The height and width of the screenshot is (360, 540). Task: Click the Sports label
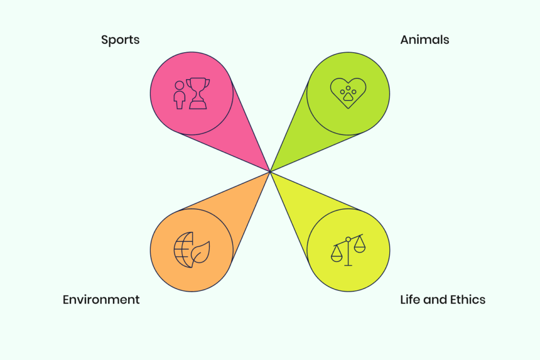[120, 40]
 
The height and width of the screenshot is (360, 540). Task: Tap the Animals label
[425, 40]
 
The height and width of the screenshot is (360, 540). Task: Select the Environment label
[101, 299]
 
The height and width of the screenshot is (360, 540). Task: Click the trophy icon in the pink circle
[198, 93]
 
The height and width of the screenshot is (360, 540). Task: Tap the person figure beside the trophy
[179, 95]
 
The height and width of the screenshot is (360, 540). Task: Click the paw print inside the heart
[348, 93]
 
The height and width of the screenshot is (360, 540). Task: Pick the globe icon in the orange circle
[182, 250]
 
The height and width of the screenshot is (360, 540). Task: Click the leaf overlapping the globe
[201, 252]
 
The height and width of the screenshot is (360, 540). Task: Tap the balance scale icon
[348, 250]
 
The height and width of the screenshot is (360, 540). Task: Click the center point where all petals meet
[270, 171]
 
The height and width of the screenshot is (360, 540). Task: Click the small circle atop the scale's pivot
[348, 239]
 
